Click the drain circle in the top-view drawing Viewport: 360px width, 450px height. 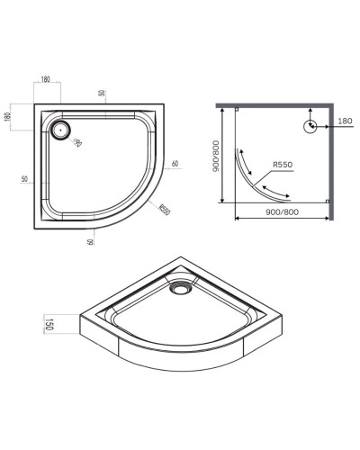click(x=62, y=129)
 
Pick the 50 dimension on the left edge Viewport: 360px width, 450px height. click(x=21, y=180)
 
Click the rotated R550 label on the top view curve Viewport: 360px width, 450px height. click(x=164, y=210)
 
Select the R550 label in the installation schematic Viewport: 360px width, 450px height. click(x=284, y=166)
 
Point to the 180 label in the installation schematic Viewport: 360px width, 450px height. click(x=345, y=120)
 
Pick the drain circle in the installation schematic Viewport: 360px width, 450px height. click(x=310, y=126)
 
